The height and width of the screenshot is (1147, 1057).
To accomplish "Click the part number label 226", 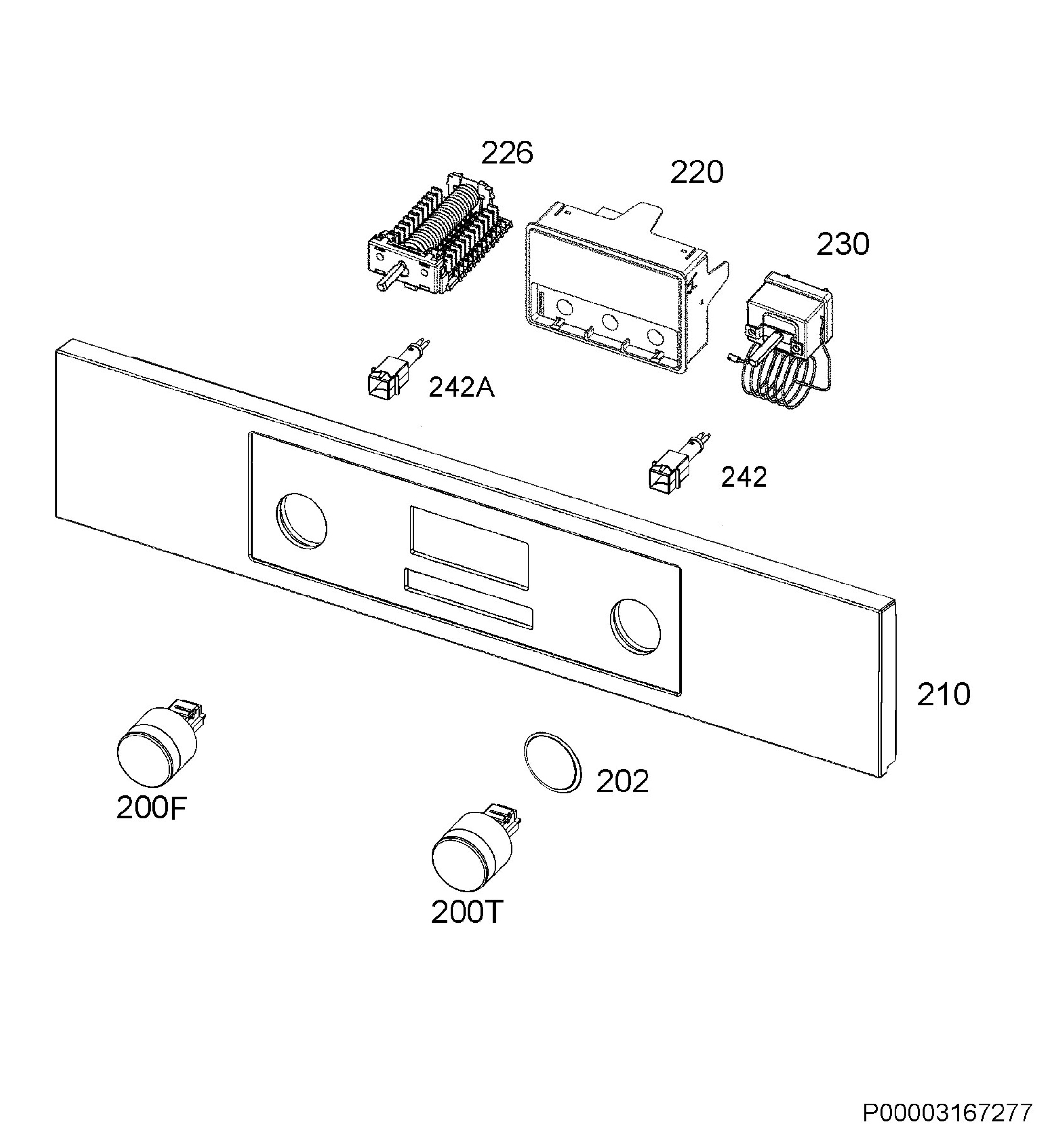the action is point(507,153).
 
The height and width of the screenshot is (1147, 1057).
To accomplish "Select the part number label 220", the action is point(697,172).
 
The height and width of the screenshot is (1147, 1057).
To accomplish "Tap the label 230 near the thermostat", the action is point(842,244).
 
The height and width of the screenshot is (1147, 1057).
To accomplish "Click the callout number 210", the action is point(944,694).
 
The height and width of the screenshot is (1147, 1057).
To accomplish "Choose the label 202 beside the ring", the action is point(623,781).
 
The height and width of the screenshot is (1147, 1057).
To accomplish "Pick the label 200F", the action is point(151,808).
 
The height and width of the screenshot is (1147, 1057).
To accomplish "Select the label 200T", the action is point(467,912).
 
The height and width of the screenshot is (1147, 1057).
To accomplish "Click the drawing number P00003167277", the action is point(948,1129).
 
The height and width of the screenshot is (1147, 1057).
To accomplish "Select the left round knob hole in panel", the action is point(302,520).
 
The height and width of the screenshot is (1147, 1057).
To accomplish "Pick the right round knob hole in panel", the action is point(635,627).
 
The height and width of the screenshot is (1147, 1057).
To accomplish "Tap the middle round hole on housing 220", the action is point(610,323).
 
